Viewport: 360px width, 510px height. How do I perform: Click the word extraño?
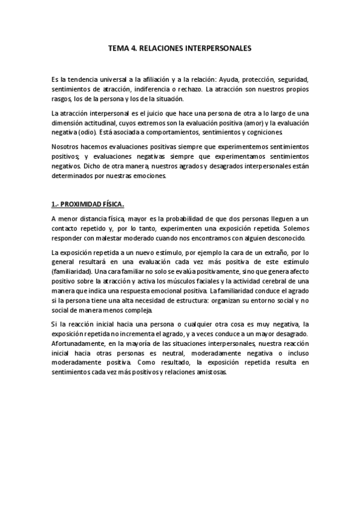pos(272,253)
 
